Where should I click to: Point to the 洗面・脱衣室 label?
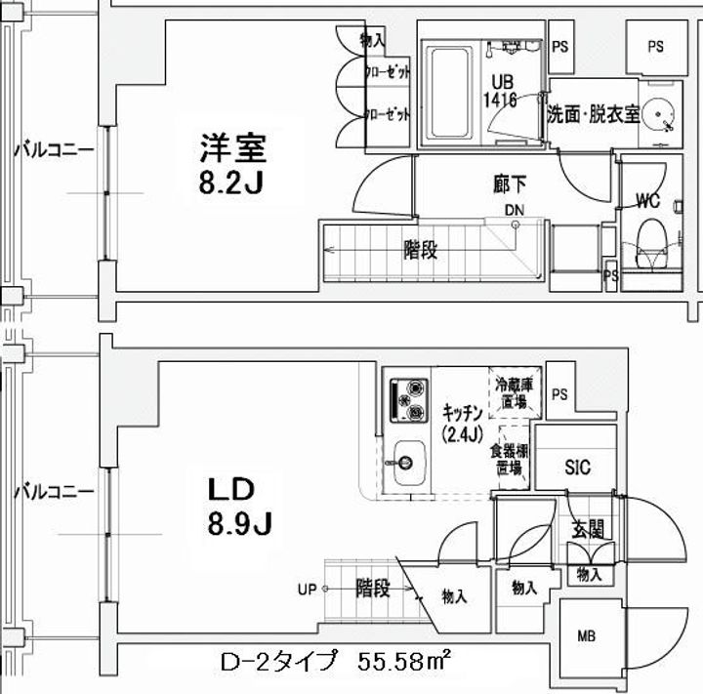(593, 112)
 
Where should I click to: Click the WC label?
(648, 202)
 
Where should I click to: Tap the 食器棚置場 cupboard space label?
(510, 459)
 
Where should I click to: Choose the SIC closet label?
(578, 468)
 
